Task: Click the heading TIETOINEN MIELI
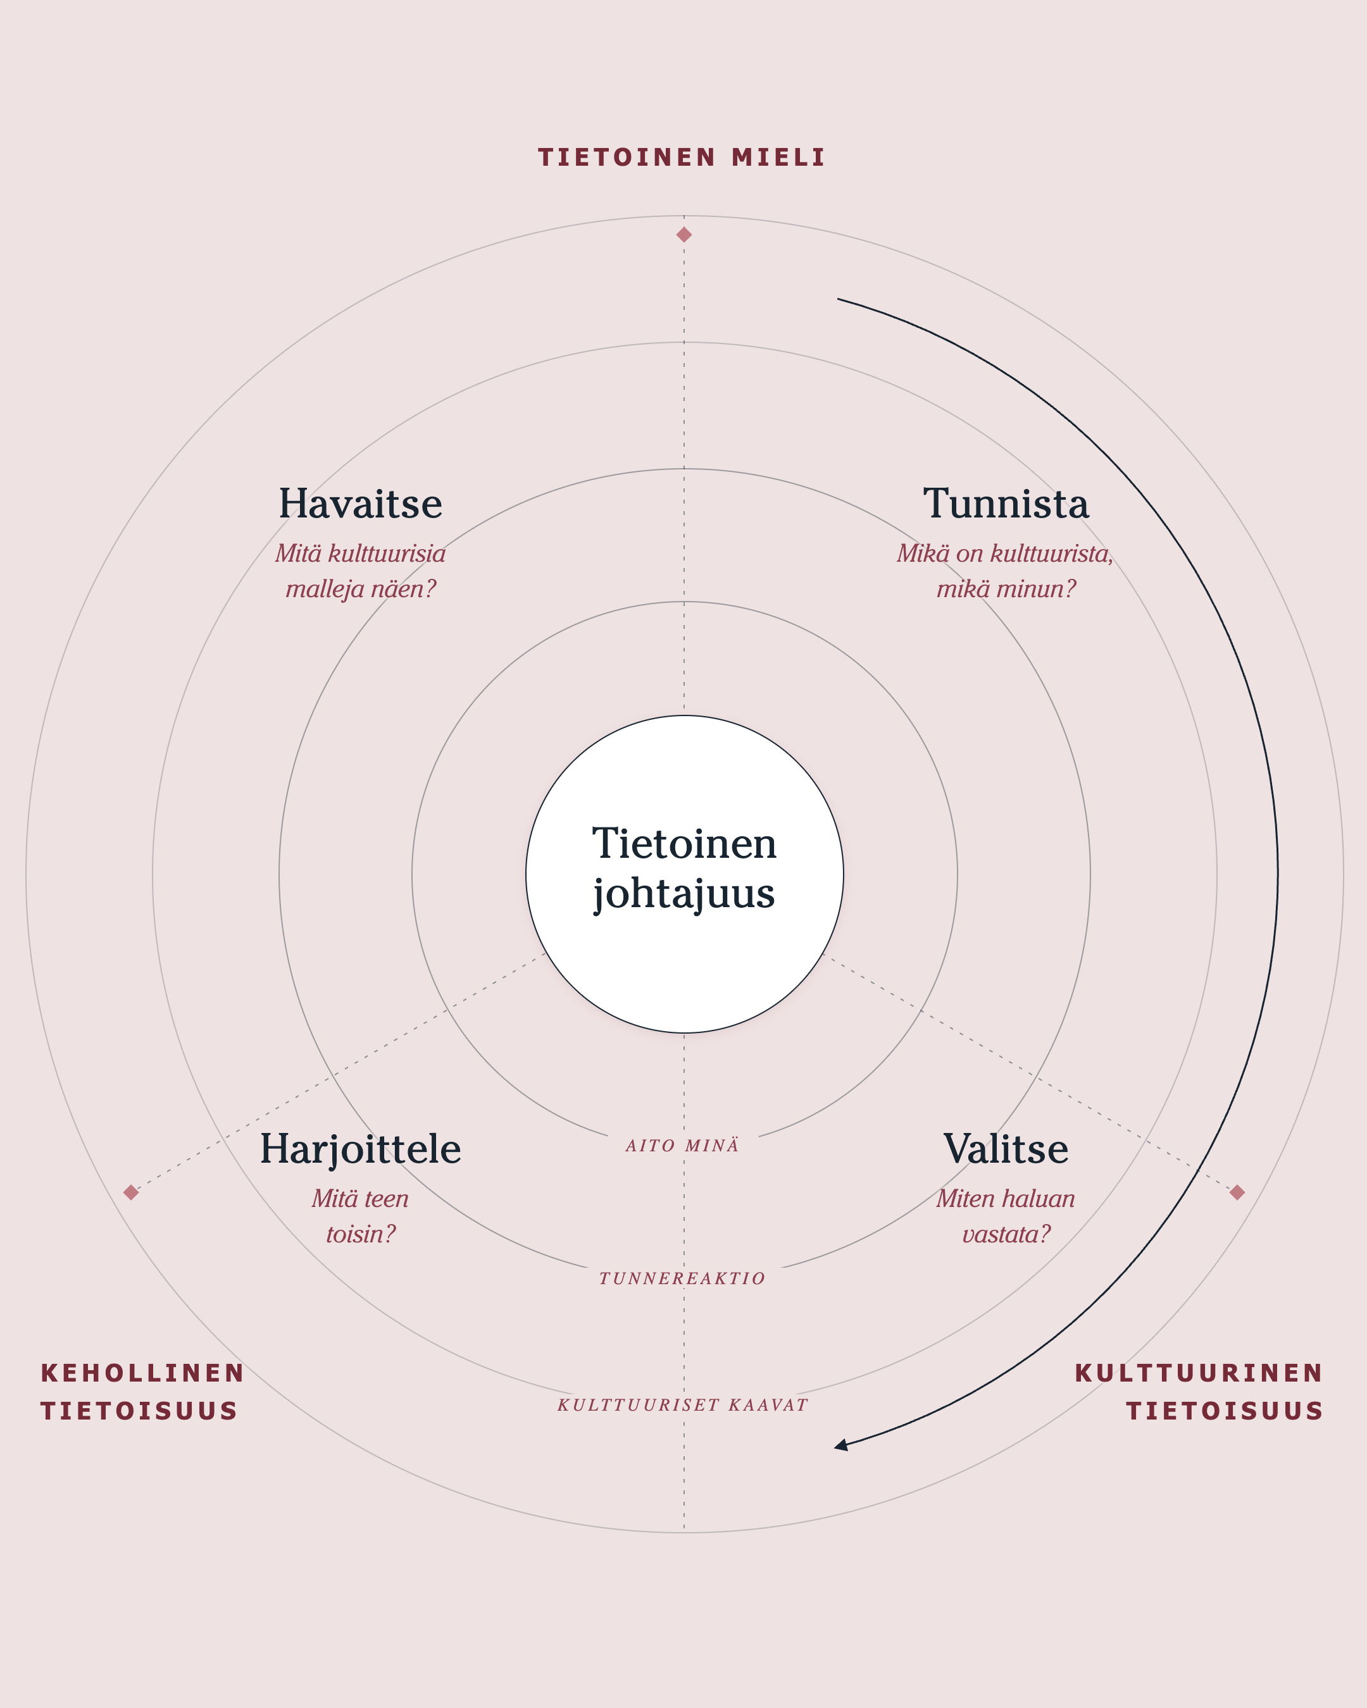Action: (x=682, y=157)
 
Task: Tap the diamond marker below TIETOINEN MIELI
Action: (x=684, y=235)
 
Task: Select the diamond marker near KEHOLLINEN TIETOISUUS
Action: (x=132, y=1192)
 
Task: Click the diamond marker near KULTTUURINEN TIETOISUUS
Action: (x=1237, y=1192)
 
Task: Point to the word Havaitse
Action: (x=361, y=504)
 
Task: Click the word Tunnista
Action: (x=1006, y=504)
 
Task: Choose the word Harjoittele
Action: (x=361, y=1149)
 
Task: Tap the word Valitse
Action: (x=1006, y=1149)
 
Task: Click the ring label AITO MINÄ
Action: (x=682, y=1146)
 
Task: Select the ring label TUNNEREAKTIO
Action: (x=682, y=1278)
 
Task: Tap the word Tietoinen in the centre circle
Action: (x=684, y=844)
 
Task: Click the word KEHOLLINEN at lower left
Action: (x=142, y=1373)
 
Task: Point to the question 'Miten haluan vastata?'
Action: (x=1006, y=1216)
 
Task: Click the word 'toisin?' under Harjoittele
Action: (x=361, y=1234)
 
